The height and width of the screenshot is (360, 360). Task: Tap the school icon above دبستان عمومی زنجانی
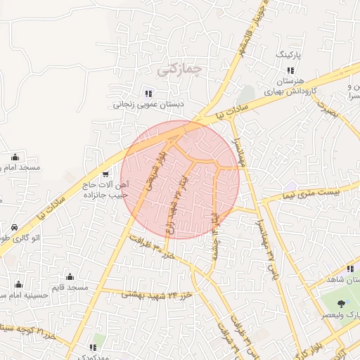[x=148, y=94]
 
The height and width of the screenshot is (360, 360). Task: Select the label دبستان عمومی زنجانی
[x=148, y=105]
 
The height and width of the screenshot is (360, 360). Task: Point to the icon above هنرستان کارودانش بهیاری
[x=290, y=70]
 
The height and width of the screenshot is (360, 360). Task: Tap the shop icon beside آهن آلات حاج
[x=105, y=174]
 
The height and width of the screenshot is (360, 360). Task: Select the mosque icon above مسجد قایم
[x=70, y=276]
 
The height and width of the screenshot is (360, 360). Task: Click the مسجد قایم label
[x=72, y=288]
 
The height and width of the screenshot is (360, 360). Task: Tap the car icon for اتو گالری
[x=15, y=228]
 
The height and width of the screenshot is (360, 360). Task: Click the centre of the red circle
[x=180, y=179]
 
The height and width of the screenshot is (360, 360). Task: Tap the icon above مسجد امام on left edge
[x=15, y=157]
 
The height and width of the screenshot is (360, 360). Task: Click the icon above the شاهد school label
[x=349, y=268]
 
